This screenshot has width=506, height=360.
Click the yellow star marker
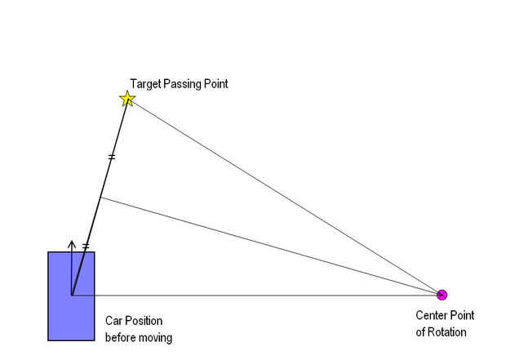(x=127, y=99)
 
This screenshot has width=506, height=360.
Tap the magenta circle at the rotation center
(x=442, y=295)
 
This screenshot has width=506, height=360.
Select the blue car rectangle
(x=71, y=296)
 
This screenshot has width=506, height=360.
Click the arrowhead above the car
(x=72, y=244)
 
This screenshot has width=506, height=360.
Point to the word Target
(x=145, y=84)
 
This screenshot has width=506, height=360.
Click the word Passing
(x=182, y=84)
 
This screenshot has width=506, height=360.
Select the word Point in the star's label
(x=216, y=84)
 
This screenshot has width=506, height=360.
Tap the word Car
(x=114, y=321)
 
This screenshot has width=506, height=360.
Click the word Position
(x=144, y=321)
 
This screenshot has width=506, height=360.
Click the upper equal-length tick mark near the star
(x=112, y=158)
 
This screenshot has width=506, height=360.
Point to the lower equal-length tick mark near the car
(x=86, y=247)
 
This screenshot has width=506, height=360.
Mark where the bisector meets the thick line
(x=100, y=198)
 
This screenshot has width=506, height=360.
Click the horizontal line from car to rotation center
(x=257, y=296)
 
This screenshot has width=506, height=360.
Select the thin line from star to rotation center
(x=285, y=197)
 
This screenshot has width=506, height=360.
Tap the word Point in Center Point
(x=461, y=315)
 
